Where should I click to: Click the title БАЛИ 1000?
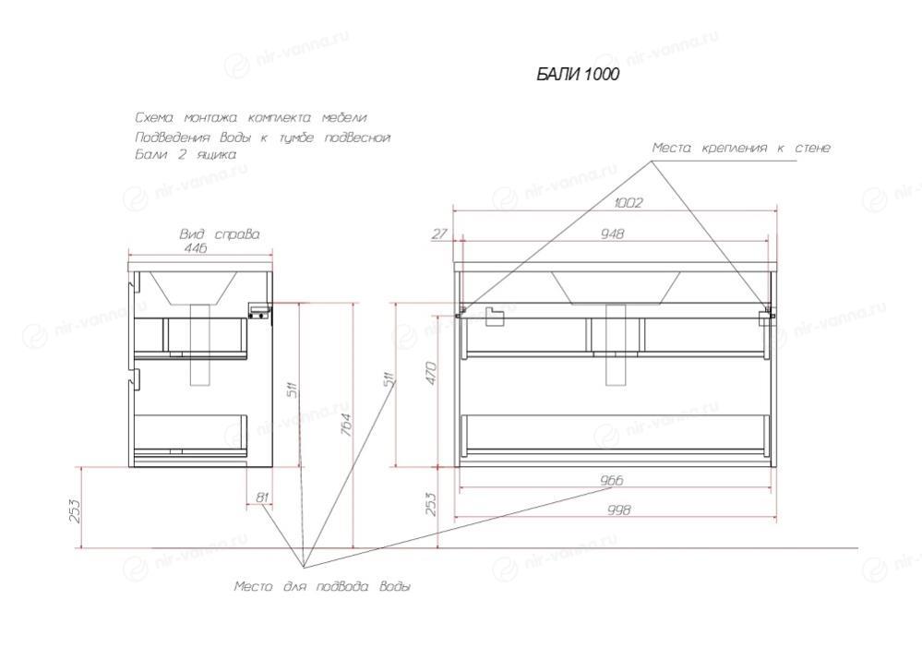click(578, 75)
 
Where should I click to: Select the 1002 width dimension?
click(629, 203)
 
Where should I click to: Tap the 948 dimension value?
click(612, 234)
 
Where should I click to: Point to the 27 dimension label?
click(440, 234)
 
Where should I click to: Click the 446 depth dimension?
click(196, 248)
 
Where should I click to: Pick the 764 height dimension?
click(346, 425)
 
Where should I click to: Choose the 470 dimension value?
click(431, 374)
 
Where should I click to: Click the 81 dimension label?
click(262, 497)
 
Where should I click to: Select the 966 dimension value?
click(612, 480)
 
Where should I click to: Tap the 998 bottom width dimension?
click(618, 509)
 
